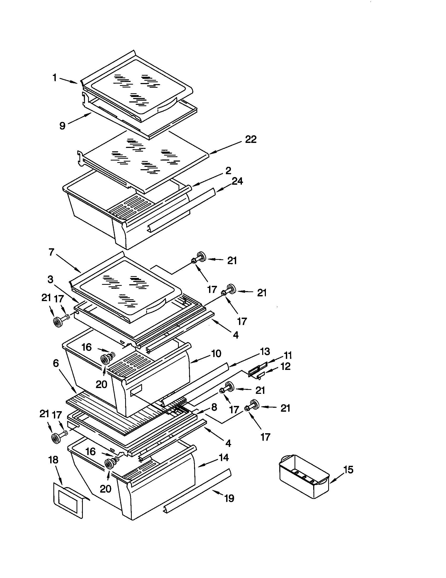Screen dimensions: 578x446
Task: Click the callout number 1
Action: [55, 78]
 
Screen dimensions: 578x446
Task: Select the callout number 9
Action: [62, 126]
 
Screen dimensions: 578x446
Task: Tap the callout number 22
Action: [251, 140]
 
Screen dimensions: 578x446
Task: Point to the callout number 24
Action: [237, 181]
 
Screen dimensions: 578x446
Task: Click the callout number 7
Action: [51, 252]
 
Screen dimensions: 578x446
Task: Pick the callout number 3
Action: [50, 279]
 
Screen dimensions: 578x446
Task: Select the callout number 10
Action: [216, 354]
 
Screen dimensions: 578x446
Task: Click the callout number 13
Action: [265, 352]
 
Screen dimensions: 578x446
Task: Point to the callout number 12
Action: [285, 367]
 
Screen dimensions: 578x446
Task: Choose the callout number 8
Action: [214, 407]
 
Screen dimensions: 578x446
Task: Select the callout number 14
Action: [224, 457]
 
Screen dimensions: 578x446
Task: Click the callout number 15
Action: [348, 470]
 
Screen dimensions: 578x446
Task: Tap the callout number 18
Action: [53, 460]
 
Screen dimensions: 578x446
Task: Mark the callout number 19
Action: [229, 499]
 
